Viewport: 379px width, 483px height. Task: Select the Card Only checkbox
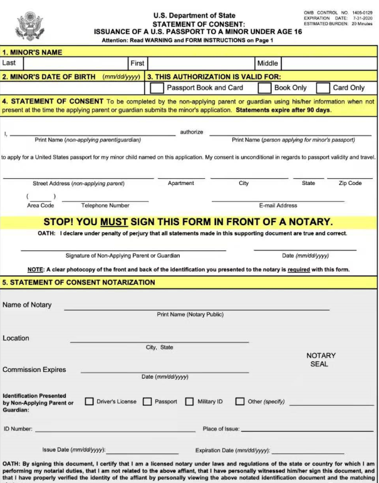tap(324, 88)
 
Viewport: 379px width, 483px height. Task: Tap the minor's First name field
tap(200, 63)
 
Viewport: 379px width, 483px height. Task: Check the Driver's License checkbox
tap(89, 401)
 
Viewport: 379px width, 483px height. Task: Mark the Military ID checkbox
tap(189, 401)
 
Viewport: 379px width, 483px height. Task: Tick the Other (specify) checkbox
tap(240, 401)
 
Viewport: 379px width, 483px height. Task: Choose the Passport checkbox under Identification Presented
tap(147, 401)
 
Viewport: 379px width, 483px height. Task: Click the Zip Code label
tap(350, 183)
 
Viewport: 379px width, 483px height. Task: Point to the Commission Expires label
tap(34, 369)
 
